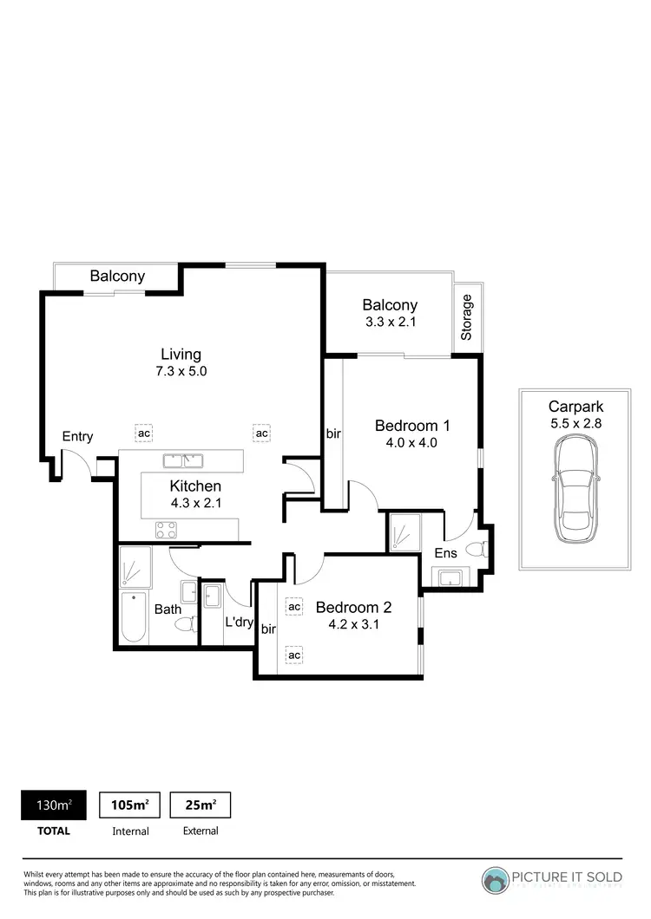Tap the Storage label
tap(467, 317)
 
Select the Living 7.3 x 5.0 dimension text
tap(181, 371)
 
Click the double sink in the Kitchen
tap(182, 459)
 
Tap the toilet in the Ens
tap(477, 548)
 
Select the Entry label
tap(77, 436)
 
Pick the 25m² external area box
tap(201, 805)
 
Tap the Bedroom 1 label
tap(412, 426)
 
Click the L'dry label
tap(239, 622)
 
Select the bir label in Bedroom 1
tap(333, 432)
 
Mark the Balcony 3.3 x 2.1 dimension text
tap(390, 322)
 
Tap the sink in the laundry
tap(213, 596)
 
